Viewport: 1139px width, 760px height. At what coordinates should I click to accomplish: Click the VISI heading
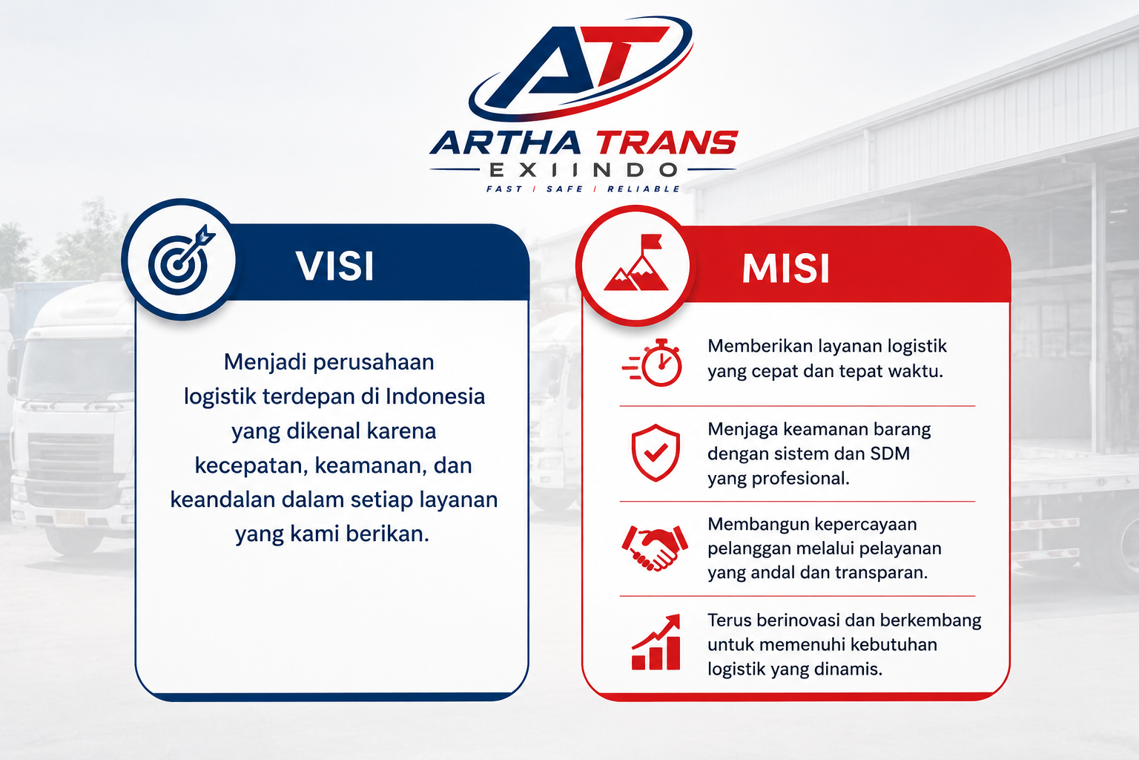click(335, 265)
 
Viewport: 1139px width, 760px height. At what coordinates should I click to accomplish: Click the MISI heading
click(785, 268)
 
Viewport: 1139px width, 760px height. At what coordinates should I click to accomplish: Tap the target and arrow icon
click(181, 260)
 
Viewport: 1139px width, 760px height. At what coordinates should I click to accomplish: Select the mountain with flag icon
click(635, 263)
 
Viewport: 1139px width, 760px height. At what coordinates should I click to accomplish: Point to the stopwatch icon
click(653, 362)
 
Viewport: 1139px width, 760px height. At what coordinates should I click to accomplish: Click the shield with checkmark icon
click(656, 453)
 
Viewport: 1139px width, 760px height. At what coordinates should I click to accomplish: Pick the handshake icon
click(655, 548)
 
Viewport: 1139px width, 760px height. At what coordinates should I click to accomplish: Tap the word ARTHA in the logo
click(506, 143)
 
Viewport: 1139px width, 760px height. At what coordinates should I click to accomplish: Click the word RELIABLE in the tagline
click(644, 189)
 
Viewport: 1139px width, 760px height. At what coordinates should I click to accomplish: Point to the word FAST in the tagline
click(504, 189)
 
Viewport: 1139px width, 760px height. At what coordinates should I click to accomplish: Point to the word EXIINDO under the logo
click(583, 170)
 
